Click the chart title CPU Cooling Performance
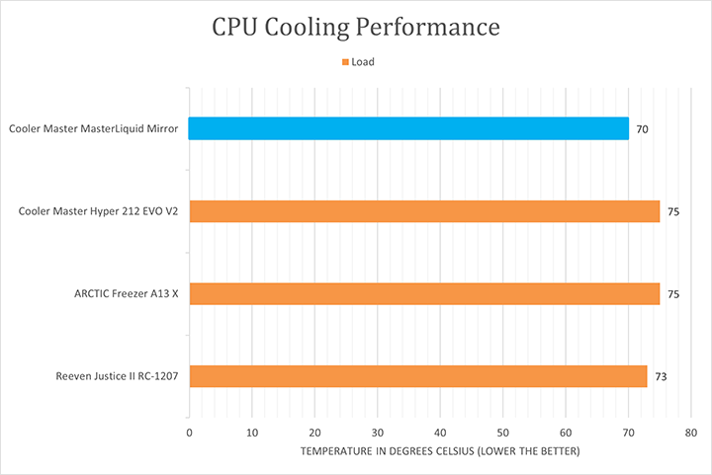tap(356, 27)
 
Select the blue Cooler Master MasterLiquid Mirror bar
tap(408, 128)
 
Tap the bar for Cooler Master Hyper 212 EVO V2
tap(424, 211)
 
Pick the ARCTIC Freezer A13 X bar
tap(424, 293)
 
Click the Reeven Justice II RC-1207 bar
tap(417, 376)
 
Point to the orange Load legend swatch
tap(345, 62)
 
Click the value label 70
tap(643, 129)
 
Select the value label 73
tap(661, 376)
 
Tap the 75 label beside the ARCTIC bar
tap(673, 294)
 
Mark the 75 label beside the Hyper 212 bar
tap(673, 211)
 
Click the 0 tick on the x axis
tap(189, 433)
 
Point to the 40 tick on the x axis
tap(440, 433)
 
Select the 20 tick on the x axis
tap(314, 433)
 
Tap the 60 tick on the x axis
tap(566, 433)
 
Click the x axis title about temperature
tap(440, 451)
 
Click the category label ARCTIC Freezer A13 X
tap(126, 293)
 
